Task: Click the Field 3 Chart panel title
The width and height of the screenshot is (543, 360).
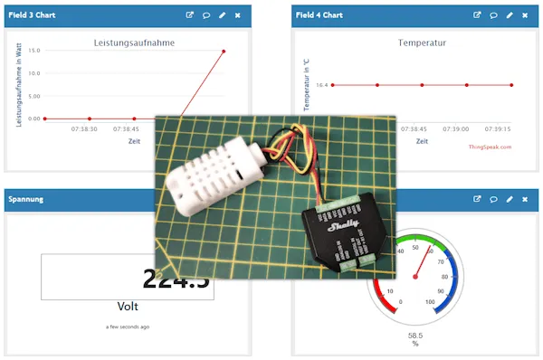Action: (32, 15)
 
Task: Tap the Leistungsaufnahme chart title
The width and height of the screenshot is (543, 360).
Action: (134, 43)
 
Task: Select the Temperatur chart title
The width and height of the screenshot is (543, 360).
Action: (422, 43)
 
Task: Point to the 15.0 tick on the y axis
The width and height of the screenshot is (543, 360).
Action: (34, 51)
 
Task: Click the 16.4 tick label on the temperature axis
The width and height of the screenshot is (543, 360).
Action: (321, 85)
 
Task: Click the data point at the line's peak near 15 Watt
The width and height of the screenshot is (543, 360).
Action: (224, 52)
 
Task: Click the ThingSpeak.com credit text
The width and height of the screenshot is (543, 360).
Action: (490, 147)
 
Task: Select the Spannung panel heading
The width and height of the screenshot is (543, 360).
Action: (26, 198)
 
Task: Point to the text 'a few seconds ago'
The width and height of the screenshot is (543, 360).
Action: (128, 327)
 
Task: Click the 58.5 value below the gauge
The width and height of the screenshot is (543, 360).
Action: (415, 335)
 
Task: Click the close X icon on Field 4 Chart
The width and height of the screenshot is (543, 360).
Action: (526, 15)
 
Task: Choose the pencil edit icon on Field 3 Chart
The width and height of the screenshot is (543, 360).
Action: (222, 15)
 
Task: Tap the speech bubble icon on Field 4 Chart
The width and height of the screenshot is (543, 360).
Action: (493, 15)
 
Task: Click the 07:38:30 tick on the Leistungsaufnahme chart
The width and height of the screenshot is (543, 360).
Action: (83, 129)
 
